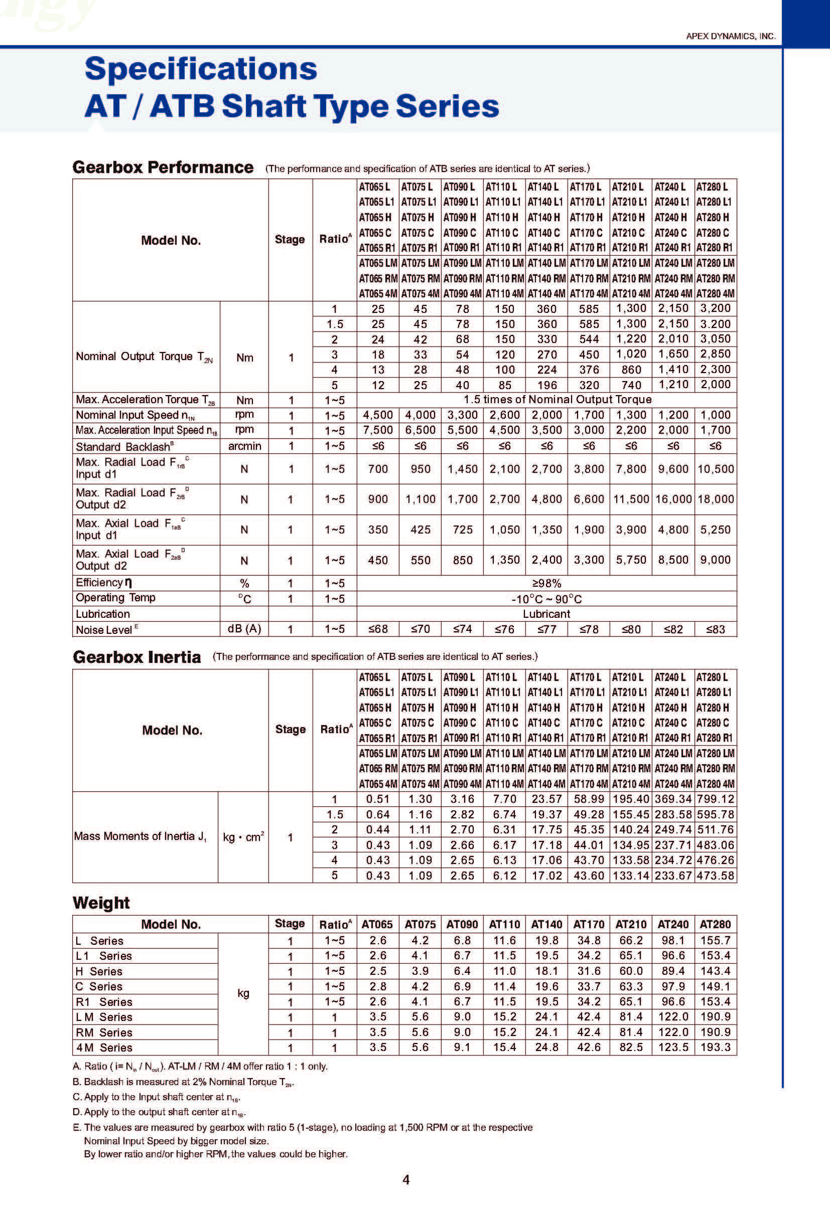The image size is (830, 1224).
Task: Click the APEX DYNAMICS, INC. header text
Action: [x=731, y=36]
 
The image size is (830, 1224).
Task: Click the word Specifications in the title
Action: [x=201, y=69]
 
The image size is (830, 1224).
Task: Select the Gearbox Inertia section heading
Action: [x=137, y=657]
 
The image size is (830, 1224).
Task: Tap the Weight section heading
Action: [x=101, y=903]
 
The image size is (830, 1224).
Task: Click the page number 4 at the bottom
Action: [x=406, y=1180]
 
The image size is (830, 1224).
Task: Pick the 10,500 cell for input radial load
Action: [x=715, y=469]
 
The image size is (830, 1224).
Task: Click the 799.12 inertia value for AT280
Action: [x=715, y=799]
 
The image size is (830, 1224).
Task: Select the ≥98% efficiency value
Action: [x=546, y=583]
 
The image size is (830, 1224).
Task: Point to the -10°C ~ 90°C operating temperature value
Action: [x=546, y=599]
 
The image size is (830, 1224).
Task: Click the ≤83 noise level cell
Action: [x=715, y=629]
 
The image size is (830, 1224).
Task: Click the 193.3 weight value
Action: [x=715, y=1047]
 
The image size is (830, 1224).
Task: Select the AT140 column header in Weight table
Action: [x=546, y=924]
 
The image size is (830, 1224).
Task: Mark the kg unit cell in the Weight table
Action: [x=243, y=993]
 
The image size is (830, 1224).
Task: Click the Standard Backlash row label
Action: [x=124, y=447]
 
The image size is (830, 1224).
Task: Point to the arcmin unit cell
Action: [x=244, y=446]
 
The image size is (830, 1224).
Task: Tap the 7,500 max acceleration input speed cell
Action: [x=378, y=430]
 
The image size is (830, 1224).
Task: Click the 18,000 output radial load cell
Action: [x=715, y=499]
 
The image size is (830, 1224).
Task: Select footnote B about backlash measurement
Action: [x=183, y=1082]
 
